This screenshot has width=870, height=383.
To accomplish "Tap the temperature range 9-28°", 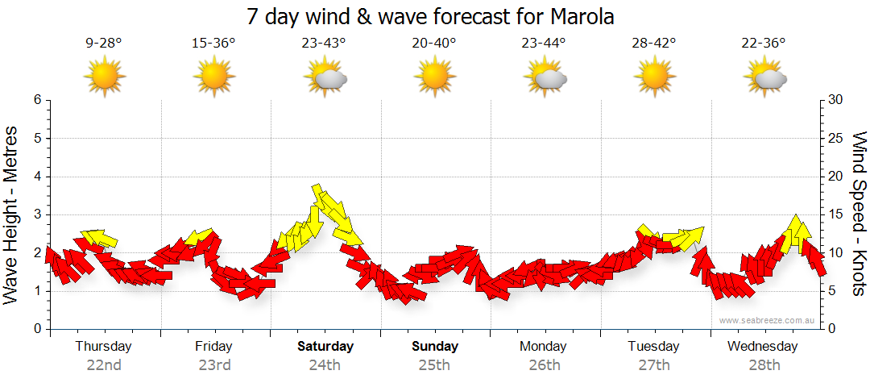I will point(104,44).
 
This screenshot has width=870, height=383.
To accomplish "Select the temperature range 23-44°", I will point(545,44).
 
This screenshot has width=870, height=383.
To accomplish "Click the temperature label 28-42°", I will point(654,44).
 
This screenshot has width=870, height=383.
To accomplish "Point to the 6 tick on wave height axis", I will point(37,100).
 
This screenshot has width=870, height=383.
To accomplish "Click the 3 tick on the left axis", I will point(37,214).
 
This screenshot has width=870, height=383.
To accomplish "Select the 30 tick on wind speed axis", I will point(836,100).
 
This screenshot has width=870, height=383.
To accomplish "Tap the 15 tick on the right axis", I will point(836,214).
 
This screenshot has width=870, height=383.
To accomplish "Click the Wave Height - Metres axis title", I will point(12,214).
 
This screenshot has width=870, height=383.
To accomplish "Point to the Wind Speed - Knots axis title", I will point(858,214).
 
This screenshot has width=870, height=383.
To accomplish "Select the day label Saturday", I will point(325,347).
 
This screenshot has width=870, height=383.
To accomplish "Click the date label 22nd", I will point(104,365).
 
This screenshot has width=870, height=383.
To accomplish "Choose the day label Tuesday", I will point(653,347).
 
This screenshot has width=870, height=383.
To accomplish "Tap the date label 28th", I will point(764,365).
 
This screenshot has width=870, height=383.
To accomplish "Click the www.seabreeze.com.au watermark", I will point(768,320).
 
